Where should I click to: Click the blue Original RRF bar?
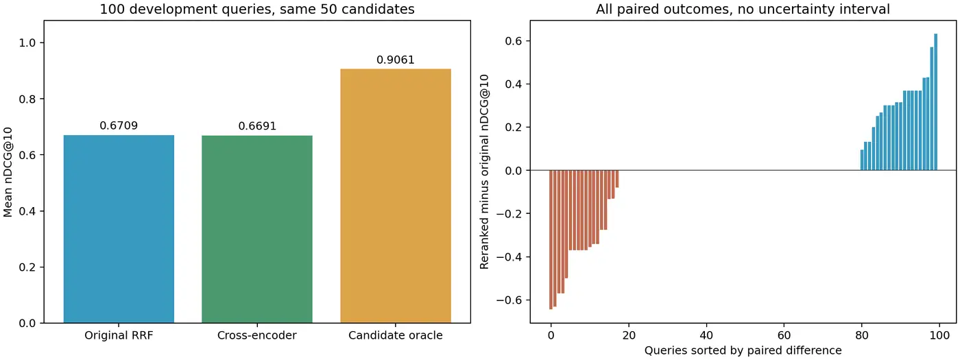coord(119,229)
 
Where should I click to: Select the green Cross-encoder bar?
coord(257,229)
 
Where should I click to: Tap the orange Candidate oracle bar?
coord(396,196)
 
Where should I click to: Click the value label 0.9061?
coord(396,60)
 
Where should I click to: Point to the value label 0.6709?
coord(119,125)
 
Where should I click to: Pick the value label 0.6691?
coord(257,126)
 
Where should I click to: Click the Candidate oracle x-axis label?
coord(396,335)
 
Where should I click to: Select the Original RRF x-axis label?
coord(119,335)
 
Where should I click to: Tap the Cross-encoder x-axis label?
coord(257,335)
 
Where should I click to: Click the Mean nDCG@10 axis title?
coord(8,172)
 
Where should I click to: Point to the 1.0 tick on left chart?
coord(28,43)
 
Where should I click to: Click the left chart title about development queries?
coord(257,9)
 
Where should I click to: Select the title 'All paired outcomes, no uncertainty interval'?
coord(743,9)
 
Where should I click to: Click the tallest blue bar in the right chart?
coord(935,102)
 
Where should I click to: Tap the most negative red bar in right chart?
coord(551,239)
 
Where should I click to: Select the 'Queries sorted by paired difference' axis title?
coord(743,350)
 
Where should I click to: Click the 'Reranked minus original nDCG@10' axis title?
coord(484,172)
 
